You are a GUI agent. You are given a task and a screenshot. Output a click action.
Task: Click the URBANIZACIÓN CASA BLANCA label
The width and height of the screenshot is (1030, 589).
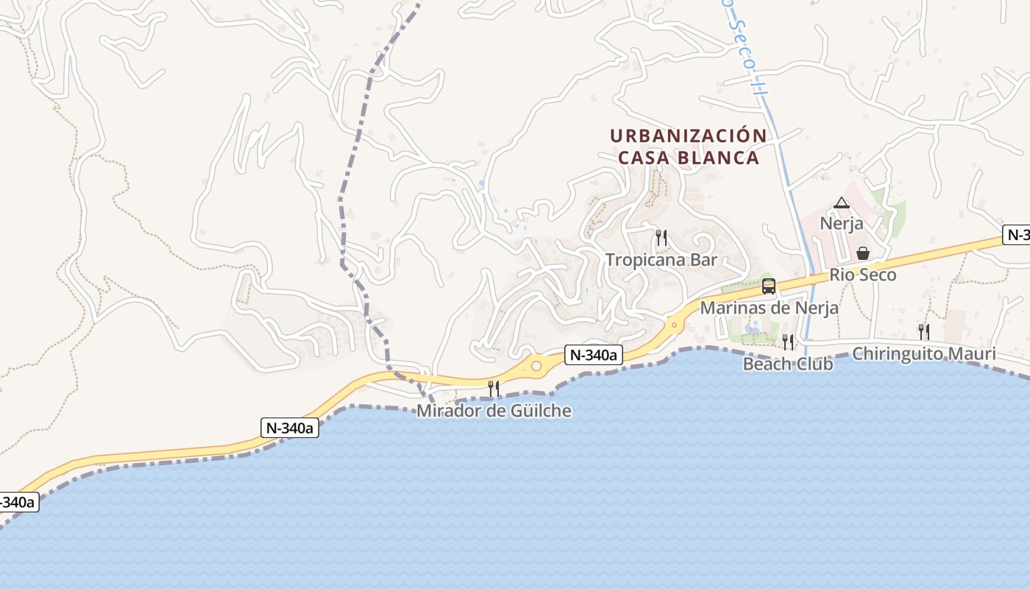coord(688,147)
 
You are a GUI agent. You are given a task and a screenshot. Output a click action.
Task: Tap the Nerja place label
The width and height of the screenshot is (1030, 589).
coord(842,223)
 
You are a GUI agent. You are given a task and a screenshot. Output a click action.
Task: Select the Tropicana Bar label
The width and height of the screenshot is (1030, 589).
coord(661,260)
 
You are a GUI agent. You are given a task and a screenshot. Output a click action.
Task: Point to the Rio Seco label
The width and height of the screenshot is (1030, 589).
coord(863,275)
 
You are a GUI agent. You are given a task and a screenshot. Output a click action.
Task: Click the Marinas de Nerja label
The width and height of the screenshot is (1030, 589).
coord(769,308)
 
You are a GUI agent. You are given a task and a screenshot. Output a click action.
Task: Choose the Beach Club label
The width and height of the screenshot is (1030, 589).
coord(787,364)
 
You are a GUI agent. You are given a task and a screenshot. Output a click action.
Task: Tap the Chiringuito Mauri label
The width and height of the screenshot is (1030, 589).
coord(923,354)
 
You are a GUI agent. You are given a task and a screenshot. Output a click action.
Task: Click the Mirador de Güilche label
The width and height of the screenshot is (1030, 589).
coord(494,411)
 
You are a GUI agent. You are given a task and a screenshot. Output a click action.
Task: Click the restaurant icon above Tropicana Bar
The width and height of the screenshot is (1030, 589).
coord(661,237)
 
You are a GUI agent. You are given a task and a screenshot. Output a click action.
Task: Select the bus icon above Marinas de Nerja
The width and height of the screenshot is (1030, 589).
coord(769,286)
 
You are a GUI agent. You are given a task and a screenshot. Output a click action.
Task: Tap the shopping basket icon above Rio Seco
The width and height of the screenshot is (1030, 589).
coord(863,253)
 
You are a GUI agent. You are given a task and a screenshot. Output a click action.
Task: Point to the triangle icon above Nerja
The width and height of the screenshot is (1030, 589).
coord(842,202)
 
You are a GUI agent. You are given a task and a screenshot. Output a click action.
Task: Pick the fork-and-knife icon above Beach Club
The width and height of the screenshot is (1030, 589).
coord(787,342)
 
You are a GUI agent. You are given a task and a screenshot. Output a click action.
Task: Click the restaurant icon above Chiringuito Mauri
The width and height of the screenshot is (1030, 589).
coord(923,332)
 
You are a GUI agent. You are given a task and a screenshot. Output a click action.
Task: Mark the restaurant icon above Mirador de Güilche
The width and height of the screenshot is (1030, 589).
coord(494,388)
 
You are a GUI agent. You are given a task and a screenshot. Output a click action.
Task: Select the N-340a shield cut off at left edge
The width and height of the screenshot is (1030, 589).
coord(16,502)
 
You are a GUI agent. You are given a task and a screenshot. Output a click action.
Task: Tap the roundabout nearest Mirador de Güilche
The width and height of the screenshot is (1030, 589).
coord(536,366)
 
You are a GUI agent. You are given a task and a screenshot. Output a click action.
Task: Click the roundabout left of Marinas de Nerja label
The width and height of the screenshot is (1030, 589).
coord(674,324)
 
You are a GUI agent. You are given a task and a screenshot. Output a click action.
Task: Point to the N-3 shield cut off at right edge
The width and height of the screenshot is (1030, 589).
coord(1016,236)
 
